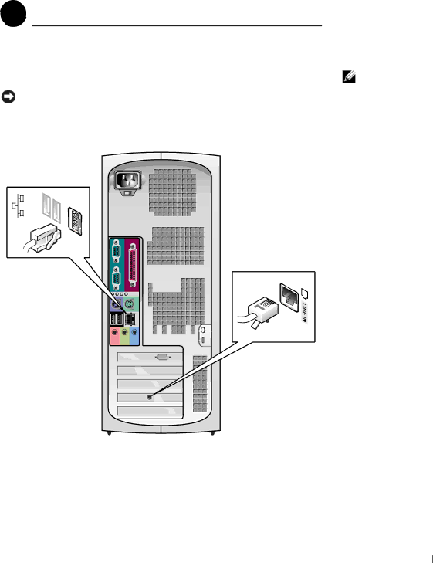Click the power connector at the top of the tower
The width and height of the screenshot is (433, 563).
pyautogui.click(x=127, y=180)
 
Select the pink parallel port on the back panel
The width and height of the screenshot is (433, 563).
pyautogui.click(x=133, y=266)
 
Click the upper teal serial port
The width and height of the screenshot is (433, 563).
pyautogui.click(x=116, y=251)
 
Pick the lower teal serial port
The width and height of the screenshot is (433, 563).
pyautogui.click(x=116, y=279)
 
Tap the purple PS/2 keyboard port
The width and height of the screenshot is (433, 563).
pyautogui.click(x=116, y=305)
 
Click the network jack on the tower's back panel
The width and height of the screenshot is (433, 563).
pyautogui.click(x=130, y=318)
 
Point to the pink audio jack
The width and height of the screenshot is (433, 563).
pyautogui.click(x=115, y=333)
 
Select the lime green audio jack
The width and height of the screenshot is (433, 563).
pyautogui.click(x=125, y=333)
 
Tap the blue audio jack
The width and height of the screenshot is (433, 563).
pyautogui.click(x=134, y=333)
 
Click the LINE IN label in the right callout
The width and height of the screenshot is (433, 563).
pyautogui.click(x=304, y=312)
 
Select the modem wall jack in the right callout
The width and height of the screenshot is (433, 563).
pyautogui.click(x=289, y=297)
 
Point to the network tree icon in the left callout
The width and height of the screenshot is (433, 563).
pyautogui.click(x=18, y=205)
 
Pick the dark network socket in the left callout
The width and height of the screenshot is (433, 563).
pyautogui.click(x=75, y=221)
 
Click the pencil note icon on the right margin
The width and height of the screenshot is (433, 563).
pyautogui.click(x=349, y=76)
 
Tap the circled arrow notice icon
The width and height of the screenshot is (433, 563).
pyautogui.click(x=8, y=97)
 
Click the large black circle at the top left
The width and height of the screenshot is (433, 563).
pyautogui.click(x=13, y=14)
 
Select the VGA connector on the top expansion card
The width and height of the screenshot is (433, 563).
pyautogui.click(x=162, y=358)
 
